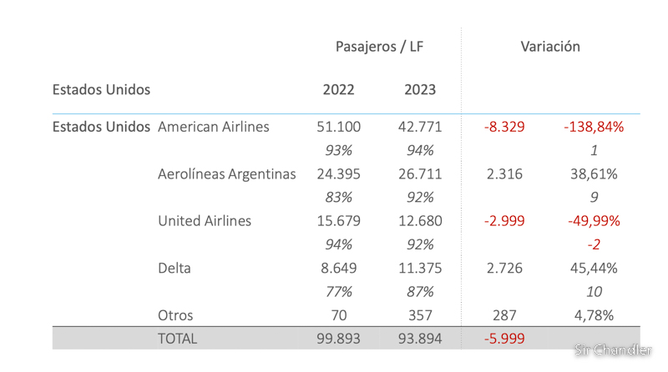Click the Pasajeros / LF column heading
[x=379, y=47]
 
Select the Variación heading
[x=549, y=47]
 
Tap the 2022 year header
[x=338, y=90]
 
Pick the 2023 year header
[x=419, y=90]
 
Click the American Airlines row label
[x=213, y=127]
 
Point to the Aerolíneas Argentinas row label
[x=226, y=174]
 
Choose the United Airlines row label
[x=205, y=221]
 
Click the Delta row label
[x=174, y=269]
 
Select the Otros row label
[x=175, y=315]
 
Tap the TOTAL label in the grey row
[x=178, y=339]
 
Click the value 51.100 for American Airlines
[x=338, y=127]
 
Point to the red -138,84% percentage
[x=594, y=127]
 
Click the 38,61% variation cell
[x=594, y=174]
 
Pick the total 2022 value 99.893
[x=338, y=339]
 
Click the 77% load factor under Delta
[x=338, y=292]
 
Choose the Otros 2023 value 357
[x=419, y=315]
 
